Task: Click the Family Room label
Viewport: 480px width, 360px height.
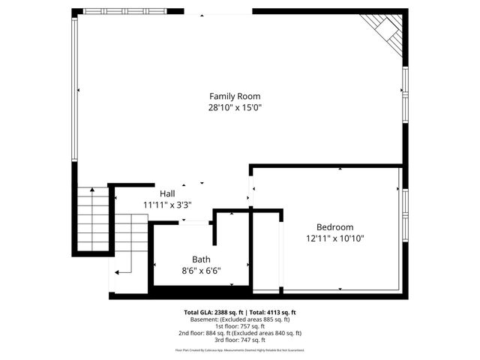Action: tap(235, 96)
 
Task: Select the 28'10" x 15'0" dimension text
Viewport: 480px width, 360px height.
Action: tap(235, 107)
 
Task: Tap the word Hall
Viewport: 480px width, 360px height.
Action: tap(167, 193)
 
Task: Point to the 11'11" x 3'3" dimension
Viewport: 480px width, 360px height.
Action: tap(167, 204)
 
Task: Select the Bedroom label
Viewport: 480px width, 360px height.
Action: tap(334, 226)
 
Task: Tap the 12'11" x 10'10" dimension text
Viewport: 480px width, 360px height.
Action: tap(334, 238)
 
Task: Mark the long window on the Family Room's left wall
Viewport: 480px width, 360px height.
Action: tap(74, 88)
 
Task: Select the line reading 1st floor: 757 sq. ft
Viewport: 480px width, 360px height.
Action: tap(240, 326)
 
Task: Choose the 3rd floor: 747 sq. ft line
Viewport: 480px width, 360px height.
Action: tap(240, 340)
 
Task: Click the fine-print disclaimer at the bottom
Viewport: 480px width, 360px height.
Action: tap(240, 349)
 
